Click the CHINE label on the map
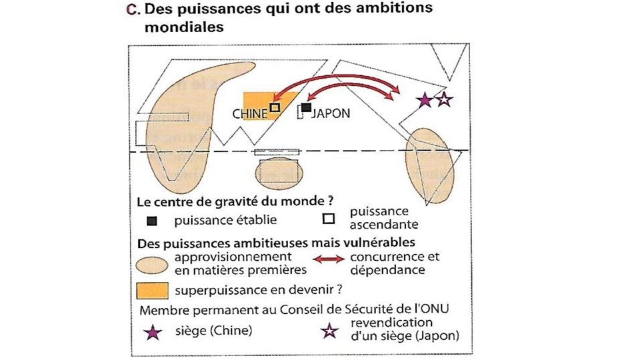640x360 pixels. [x=250, y=114]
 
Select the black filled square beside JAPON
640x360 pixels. [x=306, y=107]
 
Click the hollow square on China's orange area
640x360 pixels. [x=275, y=107]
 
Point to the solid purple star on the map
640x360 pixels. [x=423, y=100]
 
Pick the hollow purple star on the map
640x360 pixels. [x=444, y=100]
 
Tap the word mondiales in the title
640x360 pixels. [x=183, y=28]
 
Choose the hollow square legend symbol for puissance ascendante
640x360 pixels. [x=328, y=218]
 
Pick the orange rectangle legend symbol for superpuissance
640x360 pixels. [x=151, y=291]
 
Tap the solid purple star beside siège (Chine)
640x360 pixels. [x=153, y=331]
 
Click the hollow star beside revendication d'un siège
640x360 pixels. [x=327, y=331]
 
